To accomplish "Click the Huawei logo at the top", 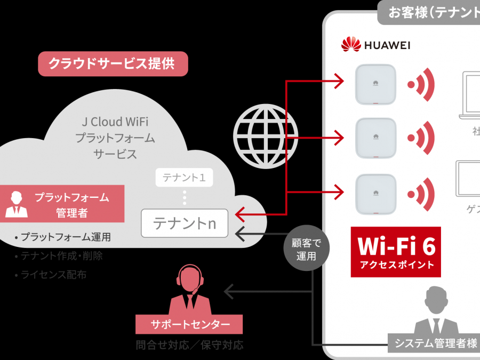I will (x=375, y=44).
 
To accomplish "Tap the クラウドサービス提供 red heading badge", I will (x=113, y=63).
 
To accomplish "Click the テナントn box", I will (x=185, y=223).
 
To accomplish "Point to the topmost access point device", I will (x=376, y=84).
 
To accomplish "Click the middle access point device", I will (x=376, y=138).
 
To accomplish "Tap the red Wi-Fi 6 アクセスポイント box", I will (x=396, y=252).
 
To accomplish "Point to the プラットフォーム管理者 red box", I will (x=62, y=204).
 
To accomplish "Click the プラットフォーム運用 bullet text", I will (x=63, y=237).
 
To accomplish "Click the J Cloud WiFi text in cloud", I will (x=115, y=122).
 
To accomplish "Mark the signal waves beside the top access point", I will (x=422, y=84).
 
